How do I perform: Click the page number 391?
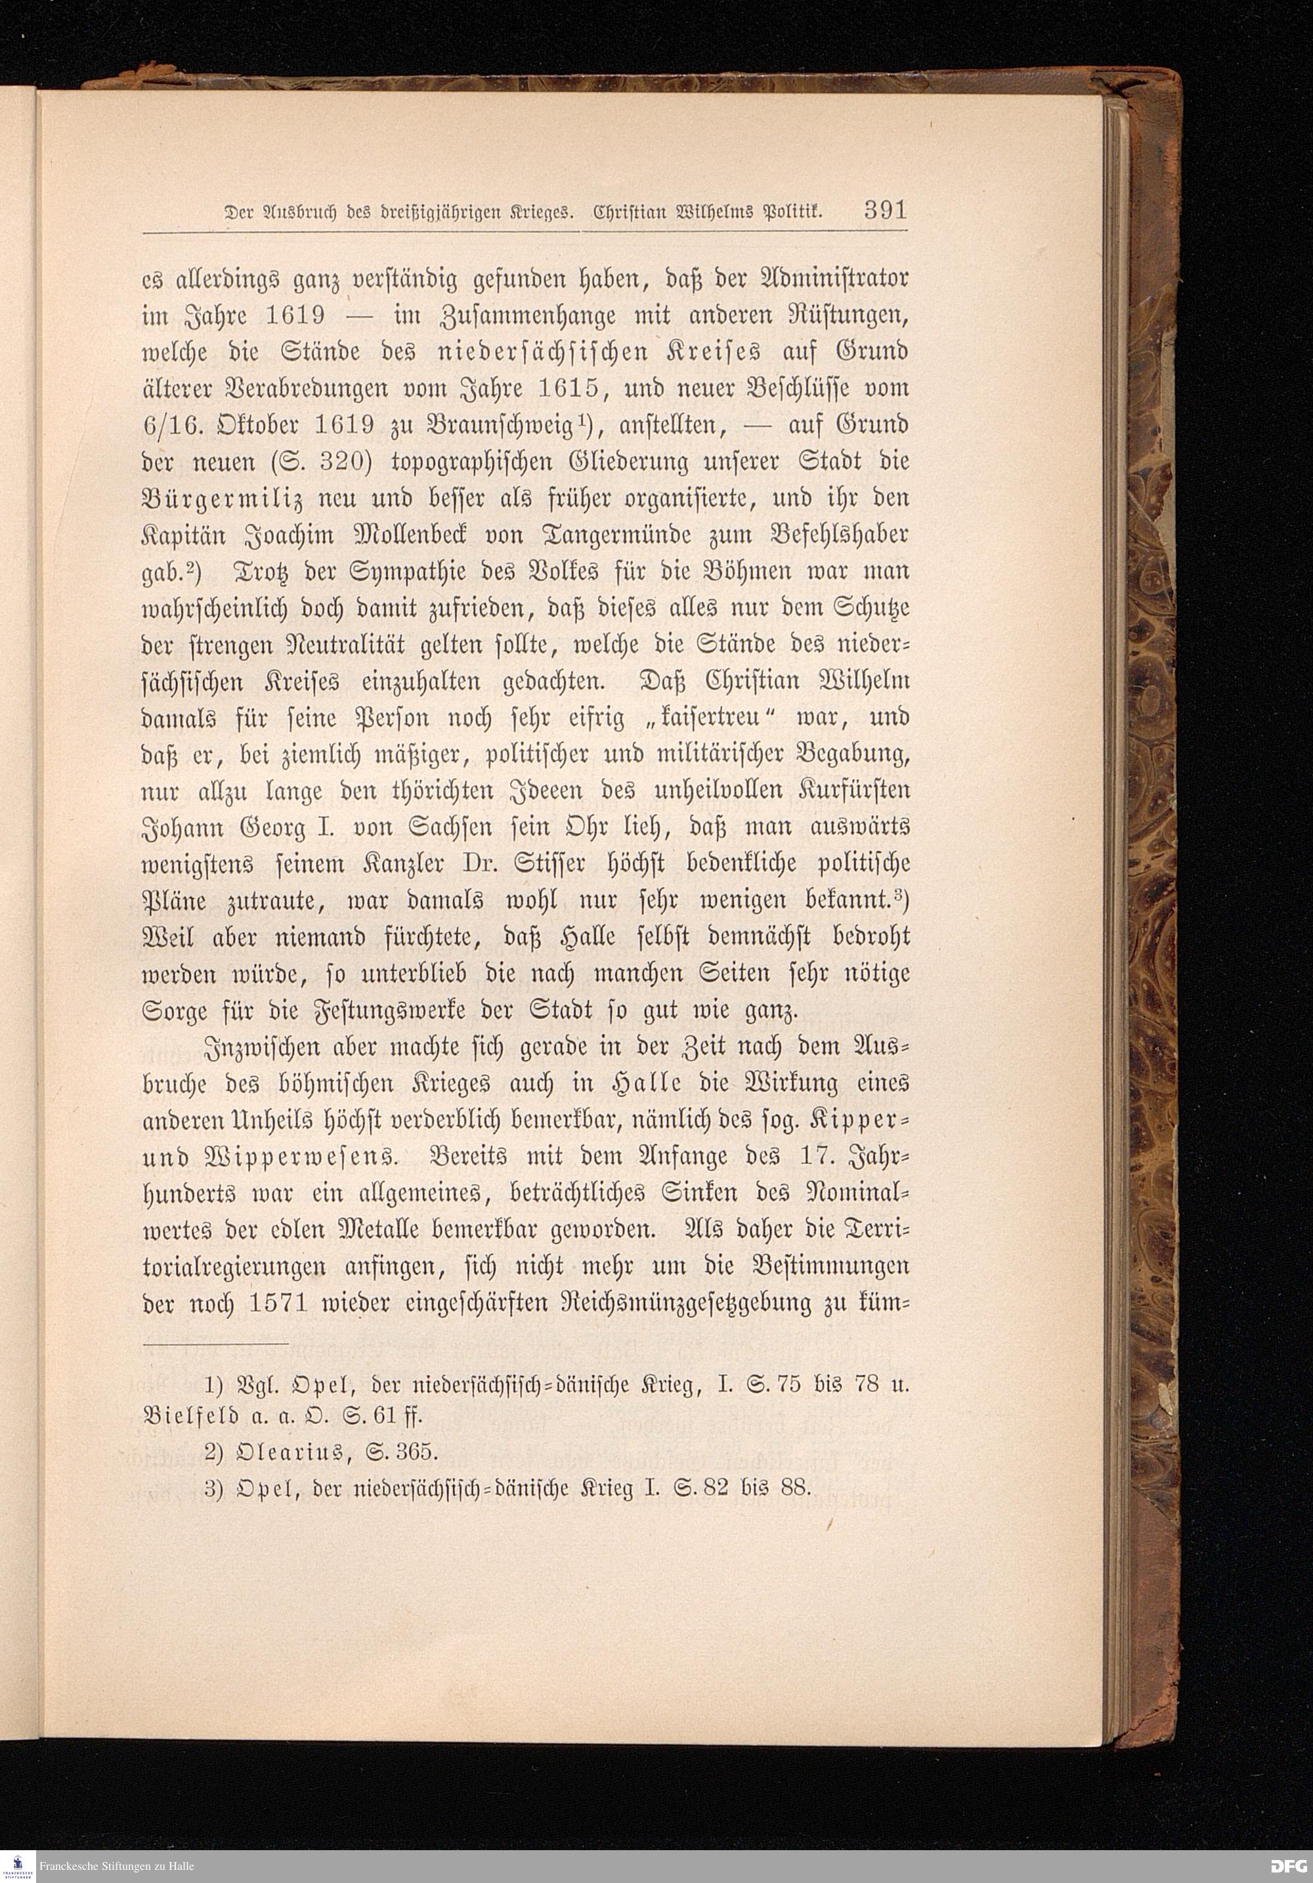(885, 211)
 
